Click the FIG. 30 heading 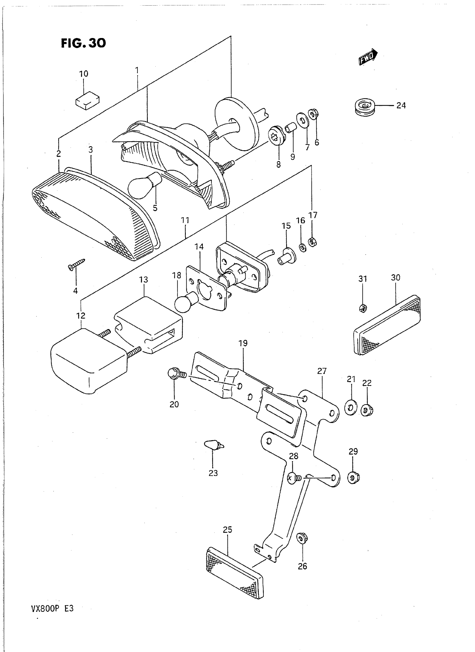(83, 43)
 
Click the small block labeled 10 (87, 100)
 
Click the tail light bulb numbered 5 (145, 185)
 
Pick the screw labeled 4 (76, 264)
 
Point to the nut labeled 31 (363, 308)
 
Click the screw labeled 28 (293, 478)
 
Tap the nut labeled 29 (354, 478)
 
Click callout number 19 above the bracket (243, 343)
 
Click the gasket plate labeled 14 (206, 288)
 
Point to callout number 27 (322, 371)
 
